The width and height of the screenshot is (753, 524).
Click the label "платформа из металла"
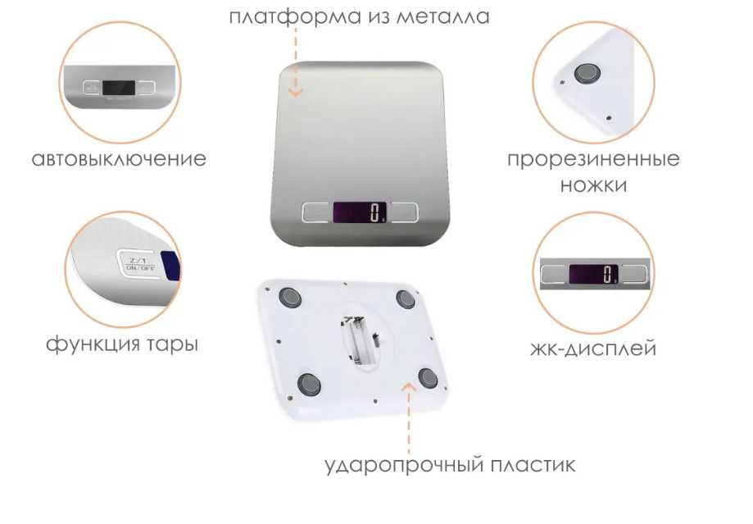(359, 17)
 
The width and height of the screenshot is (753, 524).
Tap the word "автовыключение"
(119, 159)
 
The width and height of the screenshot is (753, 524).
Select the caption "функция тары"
(122, 344)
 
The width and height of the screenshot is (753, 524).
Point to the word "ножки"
(593, 185)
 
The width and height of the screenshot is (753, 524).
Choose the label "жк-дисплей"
(593, 348)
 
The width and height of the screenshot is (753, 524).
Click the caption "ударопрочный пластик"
(450, 465)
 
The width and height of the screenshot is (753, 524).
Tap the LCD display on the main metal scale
(360, 212)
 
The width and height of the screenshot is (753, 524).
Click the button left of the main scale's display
(317, 212)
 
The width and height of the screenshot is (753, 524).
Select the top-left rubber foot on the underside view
(290, 298)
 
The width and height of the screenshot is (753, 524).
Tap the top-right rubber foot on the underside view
(406, 299)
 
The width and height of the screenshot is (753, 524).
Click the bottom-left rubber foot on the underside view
(309, 384)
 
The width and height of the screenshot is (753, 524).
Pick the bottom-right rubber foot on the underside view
(428, 378)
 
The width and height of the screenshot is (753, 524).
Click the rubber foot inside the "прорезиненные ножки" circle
(587, 74)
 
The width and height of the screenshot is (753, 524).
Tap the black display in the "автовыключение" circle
(119, 88)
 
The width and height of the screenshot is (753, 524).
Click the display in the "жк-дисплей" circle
(593, 274)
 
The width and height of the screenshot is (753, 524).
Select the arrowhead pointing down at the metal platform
(296, 93)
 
